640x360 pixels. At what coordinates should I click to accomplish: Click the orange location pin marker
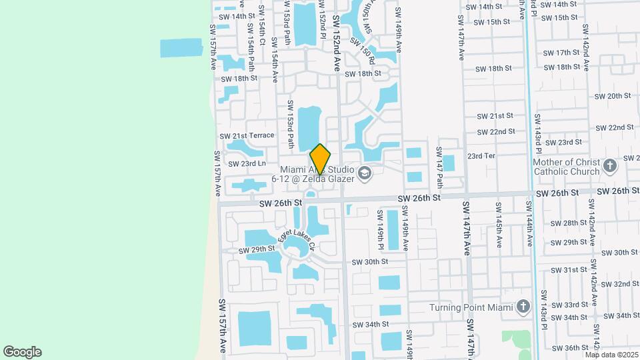click(320, 159)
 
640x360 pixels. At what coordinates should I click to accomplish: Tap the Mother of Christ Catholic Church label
click(566, 167)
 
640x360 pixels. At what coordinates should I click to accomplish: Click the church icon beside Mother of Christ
click(609, 166)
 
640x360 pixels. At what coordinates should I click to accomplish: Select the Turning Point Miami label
click(471, 307)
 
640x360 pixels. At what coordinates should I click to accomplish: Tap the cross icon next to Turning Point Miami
click(523, 307)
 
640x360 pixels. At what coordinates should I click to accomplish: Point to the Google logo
click(22, 352)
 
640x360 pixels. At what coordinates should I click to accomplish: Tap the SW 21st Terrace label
click(247, 135)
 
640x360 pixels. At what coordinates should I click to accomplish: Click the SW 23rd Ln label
click(247, 163)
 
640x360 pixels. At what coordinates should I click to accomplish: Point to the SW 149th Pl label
click(381, 230)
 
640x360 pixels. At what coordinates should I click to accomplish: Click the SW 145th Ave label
click(498, 225)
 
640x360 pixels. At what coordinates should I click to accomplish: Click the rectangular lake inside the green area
click(181, 48)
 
